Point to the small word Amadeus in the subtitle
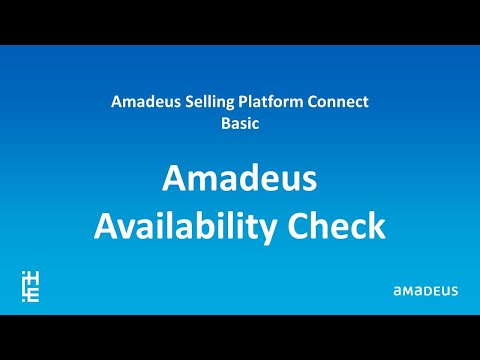pyautogui.click(x=141, y=103)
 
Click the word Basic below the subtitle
pyautogui.click(x=239, y=125)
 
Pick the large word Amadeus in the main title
pyautogui.click(x=239, y=181)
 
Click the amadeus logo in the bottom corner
pyautogui.click(x=425, y=290)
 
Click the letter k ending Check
pyautogui.click(x=373, y=225)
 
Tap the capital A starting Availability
pyautogui.click(x=105, y=225)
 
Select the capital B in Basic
pyautogui.click(x=224, y=125)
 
